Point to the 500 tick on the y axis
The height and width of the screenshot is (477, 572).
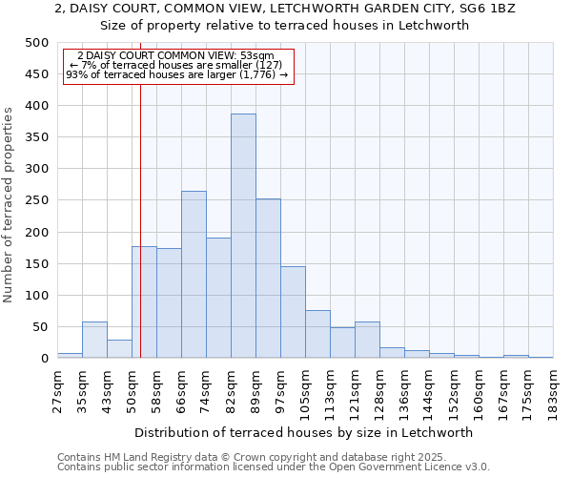[37, 43]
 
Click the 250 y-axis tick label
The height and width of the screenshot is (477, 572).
[37, 200]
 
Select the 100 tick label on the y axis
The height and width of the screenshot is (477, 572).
[37, 296]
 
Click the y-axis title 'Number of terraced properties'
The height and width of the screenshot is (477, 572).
[10, 204]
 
